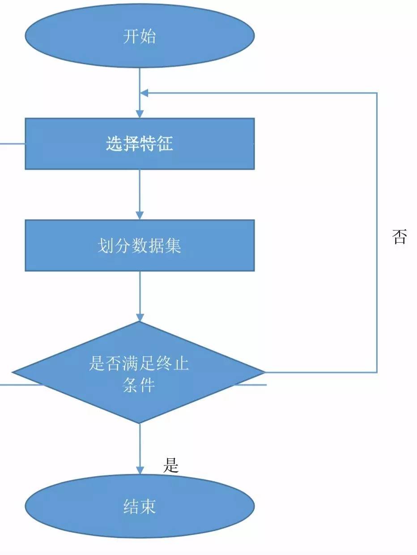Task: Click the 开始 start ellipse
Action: point(140,36)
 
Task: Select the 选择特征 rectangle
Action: point(140,144)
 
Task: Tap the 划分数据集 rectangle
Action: point(140,245)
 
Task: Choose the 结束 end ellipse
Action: point(140,506)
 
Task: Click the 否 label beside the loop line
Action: point(400,237)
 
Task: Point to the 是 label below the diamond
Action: point(171,466)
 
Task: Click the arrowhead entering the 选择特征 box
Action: point(140,114)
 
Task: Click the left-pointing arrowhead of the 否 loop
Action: point(145,93)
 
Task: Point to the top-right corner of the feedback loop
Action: point(377,93)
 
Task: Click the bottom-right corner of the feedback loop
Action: point(377,372)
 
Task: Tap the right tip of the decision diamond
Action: point(264,372)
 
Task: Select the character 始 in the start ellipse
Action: point(148,36)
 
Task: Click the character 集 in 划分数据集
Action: point(173,246)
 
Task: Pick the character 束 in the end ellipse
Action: point(148,506)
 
